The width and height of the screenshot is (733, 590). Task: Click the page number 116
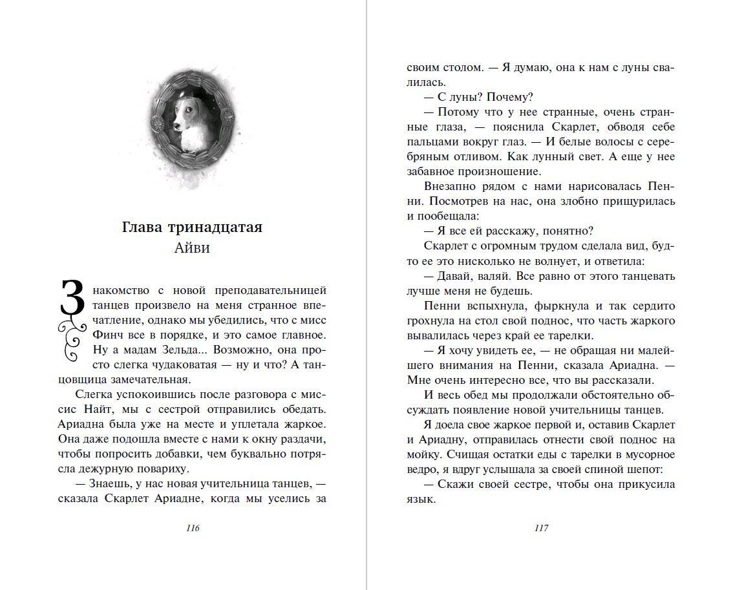coord(192,528)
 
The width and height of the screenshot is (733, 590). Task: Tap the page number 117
coord(542,528)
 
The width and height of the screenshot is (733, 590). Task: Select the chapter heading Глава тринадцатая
coord(192,227)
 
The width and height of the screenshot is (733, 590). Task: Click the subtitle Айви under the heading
coord(192,248)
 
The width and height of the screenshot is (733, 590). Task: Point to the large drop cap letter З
coord(72,299)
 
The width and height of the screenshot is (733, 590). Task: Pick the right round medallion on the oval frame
coord(228,116)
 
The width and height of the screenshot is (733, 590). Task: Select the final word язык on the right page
coord(420,500)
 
